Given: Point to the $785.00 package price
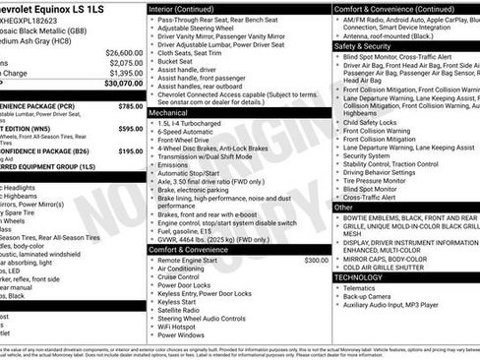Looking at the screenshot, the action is click(130, 104).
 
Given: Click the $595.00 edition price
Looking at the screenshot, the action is click(130, 128).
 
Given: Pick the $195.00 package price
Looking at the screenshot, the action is click(130, 151).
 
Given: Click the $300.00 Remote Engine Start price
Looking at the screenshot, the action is click(316, 260).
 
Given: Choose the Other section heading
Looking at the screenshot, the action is click(343, 208).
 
